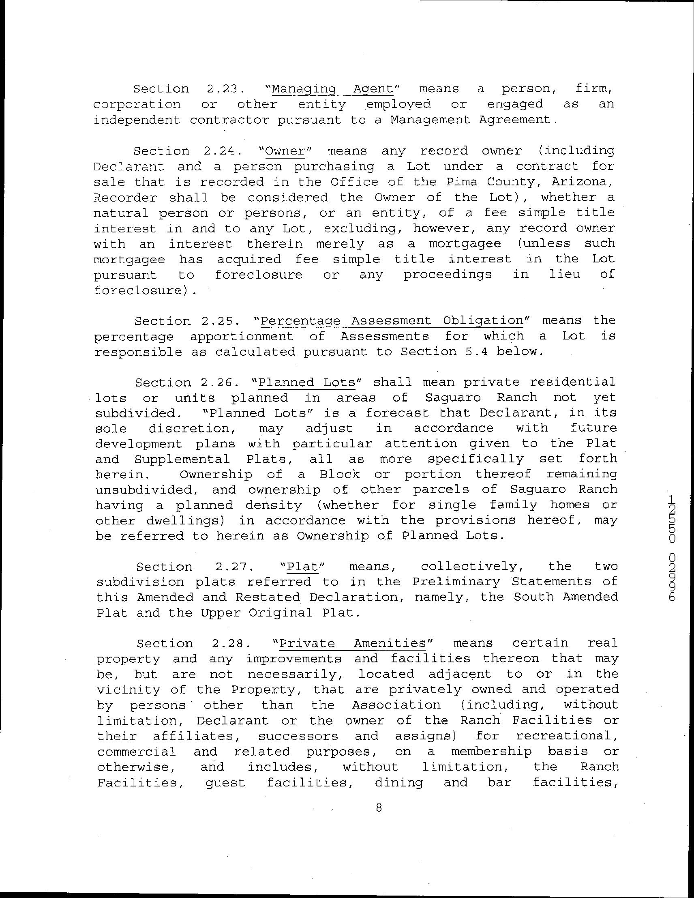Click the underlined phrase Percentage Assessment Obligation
click(x=391, y=321)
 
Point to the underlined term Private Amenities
click(x=352, y=643)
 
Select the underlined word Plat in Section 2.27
click(x=303, y=567)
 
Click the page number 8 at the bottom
click(x=379, y=808)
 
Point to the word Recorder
click(x=125, y=198)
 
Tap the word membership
click(x=491, y=752)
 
